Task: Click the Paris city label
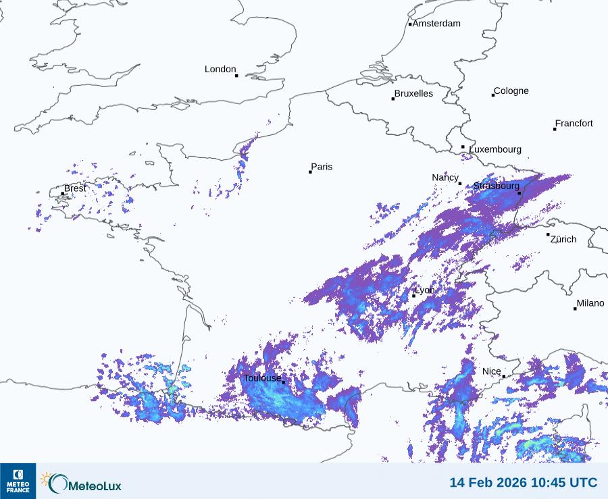(x=322, y=167)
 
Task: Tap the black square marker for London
(x=236, y=76)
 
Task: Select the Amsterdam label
(x=436, y=24)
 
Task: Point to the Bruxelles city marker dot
(x=393, y=99)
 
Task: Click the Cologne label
(x=511, y=91)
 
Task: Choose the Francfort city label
(x=574, y=124)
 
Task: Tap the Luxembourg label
(x=495, y=149)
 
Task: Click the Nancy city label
(x=445, y=178)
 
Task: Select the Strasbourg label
(x=496, y=186)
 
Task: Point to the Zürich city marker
(x=548, y=235)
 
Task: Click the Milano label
(x=590, y=304)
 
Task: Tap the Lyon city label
(x=425, y=290)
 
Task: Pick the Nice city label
(x=491, y=371)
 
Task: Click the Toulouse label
(x=262, y=378)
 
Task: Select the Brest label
(x=75, y=188)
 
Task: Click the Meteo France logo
(x=18, y=481)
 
